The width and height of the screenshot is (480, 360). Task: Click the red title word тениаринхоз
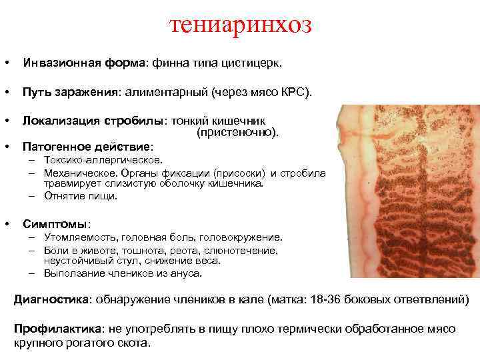click(x=241, y=25)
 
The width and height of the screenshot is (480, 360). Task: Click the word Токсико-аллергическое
click(x=103, y=160)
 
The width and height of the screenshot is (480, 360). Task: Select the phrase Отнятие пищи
click(x=81, y=196)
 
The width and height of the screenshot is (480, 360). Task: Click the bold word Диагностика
click(x=51, y=299)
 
